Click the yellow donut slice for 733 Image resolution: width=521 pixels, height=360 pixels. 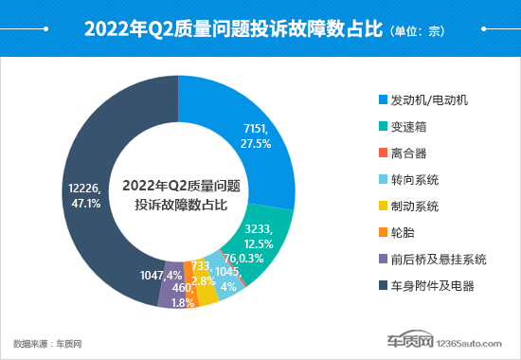click(x=207, y=294)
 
